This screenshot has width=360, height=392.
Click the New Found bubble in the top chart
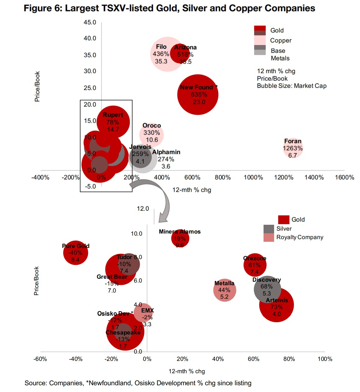pyautogui.click(x=198, y=94)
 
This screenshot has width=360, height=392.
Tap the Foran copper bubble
pyautogui.click(x=293, y=148)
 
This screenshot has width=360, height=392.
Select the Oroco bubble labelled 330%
pyautogui.click(x=152, y=135)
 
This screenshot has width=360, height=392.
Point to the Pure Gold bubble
pyautogui.click(x=76, y=252)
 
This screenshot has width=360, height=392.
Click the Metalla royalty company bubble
pyautogui.click(x=225, y=290)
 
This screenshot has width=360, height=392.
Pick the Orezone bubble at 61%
pyautogui.click(x=255, y=265)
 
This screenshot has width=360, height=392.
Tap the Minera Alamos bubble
pyautogui.click(x=180, y=238)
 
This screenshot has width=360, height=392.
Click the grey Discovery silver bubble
pyautogui.click(x=267, y=289)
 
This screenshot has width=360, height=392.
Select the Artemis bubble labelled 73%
pyautogui.click(x=276, y=305)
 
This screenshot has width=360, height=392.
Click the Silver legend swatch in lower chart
pyautogui.click(x=269, y=229)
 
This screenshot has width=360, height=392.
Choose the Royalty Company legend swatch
pyautogui.click(x=269, y=237)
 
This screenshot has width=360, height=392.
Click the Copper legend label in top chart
pyautogui.click(x=281, y=40)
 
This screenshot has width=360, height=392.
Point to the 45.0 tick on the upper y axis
pyautogui.click(x=90, y=22)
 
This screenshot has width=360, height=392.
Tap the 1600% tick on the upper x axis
pyautogui.click(x=344, y=177)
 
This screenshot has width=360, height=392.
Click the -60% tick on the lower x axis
pyautogui.click(x=40, y=359)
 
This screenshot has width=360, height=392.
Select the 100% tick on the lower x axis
pyautogui.click(x=325, y=359)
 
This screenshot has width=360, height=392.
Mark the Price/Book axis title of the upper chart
pyautogui.click(x=37, y=87)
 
